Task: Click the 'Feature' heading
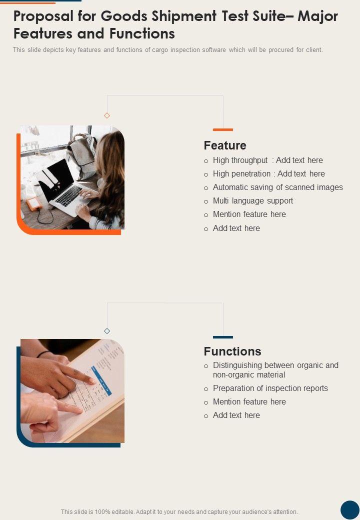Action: pyautogui.click(x=225, y=145)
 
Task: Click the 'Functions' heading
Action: pyautogui.click(x=232, y=351)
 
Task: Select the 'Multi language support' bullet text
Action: pyautogui.click(x=253, y=201)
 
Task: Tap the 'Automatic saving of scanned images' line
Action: pyautogui.click(x=278, y=187)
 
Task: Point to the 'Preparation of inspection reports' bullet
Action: pyautogui.click(x=270, y=388)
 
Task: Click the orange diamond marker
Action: pyautogui.click(x=106, y=115)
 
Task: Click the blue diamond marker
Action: pyautogui.click(x=106, y=331)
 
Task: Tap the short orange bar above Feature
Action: pyautogui.click(x=223, y=129)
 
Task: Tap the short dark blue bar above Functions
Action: pyautogui.click(x=223, y=337)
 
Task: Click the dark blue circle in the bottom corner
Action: pyautogui.click(x=350, y=509)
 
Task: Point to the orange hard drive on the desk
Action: pyautogui.click(x=34, y=203)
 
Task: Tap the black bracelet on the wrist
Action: pyautogui.click(x=43, y=354)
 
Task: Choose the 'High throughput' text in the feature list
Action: pyautogui.click(x=240, y=160)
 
